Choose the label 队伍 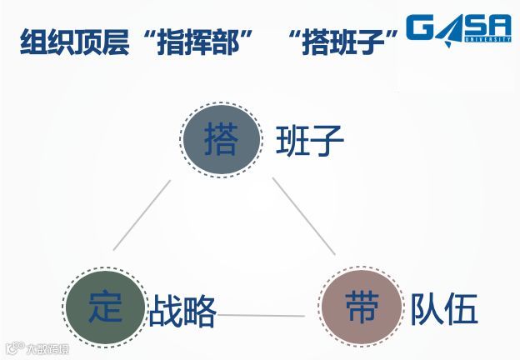tap(444, 310)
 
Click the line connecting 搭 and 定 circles tap(142, 214)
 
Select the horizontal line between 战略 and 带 tap(262, 315)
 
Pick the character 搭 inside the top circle tap(220, 138)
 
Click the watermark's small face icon tap(14, 348)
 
